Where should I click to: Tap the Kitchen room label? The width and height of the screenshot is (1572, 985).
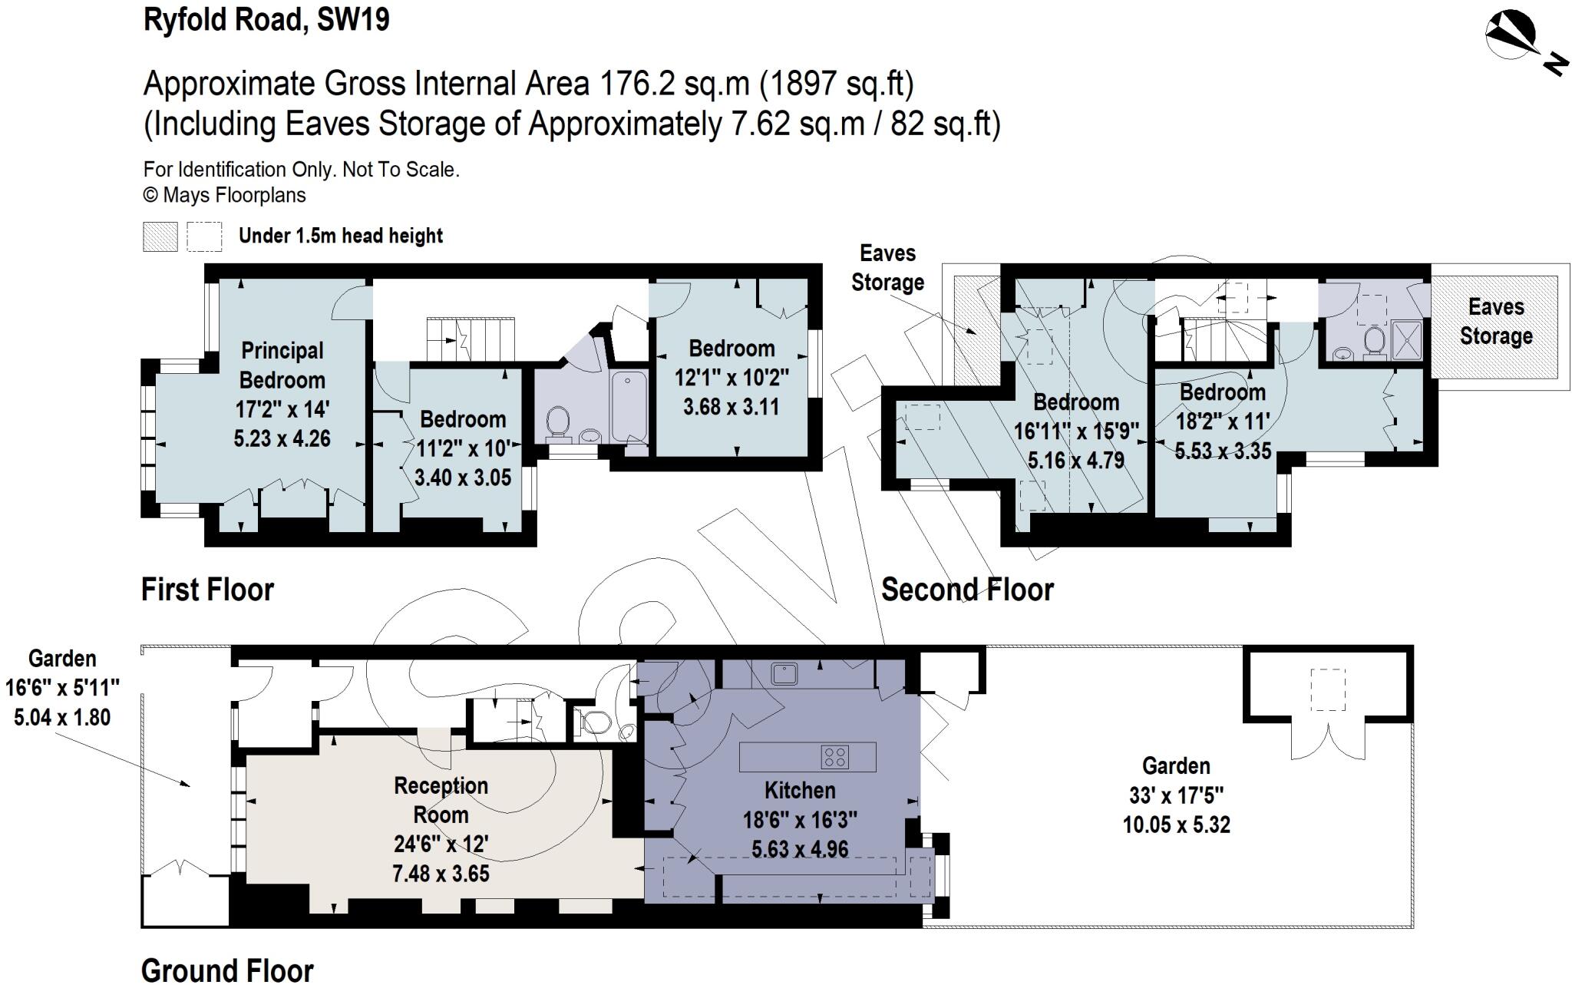799,790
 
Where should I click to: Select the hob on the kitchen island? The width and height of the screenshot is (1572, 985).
834,757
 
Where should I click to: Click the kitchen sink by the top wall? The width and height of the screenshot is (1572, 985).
784,674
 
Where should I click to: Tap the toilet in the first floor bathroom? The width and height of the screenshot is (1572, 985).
558,422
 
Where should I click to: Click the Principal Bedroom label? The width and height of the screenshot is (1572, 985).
282,365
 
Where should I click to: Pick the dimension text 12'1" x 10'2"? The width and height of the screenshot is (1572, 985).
732,378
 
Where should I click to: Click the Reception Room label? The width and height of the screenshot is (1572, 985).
441,800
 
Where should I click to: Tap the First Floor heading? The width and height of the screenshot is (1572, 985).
207,590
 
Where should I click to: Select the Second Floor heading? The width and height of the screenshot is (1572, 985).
967,590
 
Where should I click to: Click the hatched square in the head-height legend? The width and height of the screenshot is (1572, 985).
160,236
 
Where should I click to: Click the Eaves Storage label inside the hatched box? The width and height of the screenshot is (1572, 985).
1495,322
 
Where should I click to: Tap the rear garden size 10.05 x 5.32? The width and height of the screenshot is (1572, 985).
1176,825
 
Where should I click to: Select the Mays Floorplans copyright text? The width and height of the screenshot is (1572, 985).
224,195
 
